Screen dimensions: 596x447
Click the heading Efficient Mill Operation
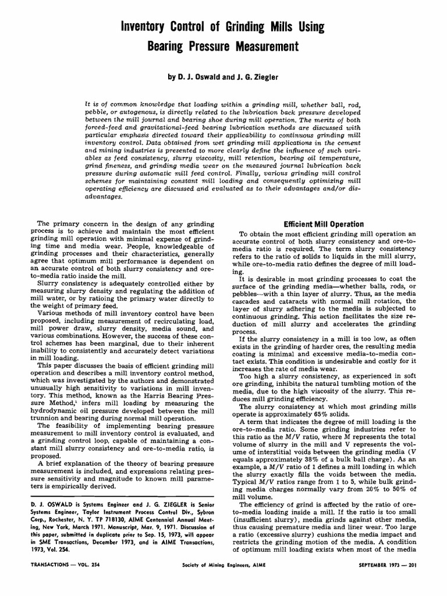[x=323, y=224]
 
